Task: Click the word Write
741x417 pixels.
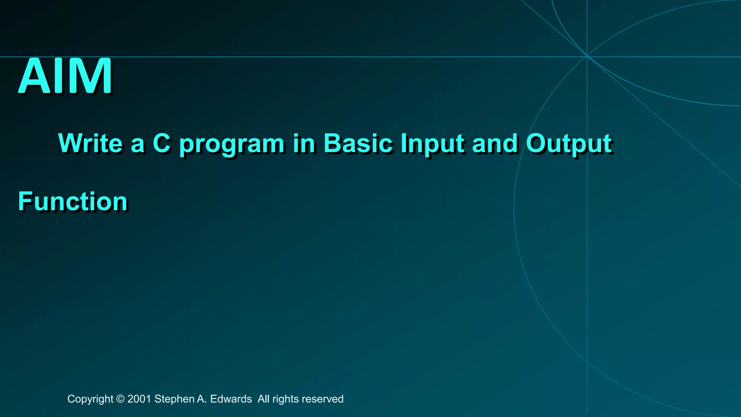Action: tap(90, 143)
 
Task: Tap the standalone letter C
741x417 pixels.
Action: tap(161, 143)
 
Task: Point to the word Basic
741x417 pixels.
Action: tap(358, 143)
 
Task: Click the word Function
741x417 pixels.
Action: tap(73, 201)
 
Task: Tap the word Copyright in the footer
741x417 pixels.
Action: tap(90, 399)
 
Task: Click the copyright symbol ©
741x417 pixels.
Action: tap(120, 399)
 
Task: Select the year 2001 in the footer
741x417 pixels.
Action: tap(139, 399)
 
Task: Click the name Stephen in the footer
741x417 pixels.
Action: tap(174, 399)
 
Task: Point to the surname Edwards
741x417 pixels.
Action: tap(231, 399)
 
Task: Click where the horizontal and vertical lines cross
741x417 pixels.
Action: tap(587, 57)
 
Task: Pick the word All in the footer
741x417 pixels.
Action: tap(263, 399)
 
